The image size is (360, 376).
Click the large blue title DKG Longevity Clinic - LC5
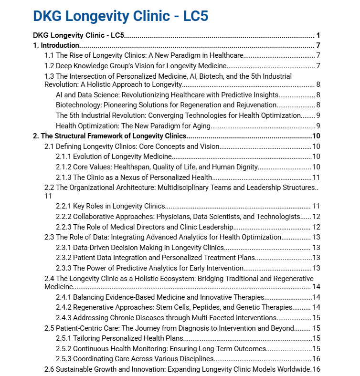click(x=120, y=16)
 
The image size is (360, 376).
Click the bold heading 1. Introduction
click(x=56, y=46)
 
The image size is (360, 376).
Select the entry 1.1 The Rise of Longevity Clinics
click(x=144, y=56)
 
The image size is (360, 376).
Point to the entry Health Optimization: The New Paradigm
click(x=133, y=126)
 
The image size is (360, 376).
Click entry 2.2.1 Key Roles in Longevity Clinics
click(x=110, y=206)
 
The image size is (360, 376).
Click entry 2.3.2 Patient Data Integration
click(x=155, y=258)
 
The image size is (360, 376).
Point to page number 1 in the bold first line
click(x=318, y=36)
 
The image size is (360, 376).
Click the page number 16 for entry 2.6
click(x=316, y=369)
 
